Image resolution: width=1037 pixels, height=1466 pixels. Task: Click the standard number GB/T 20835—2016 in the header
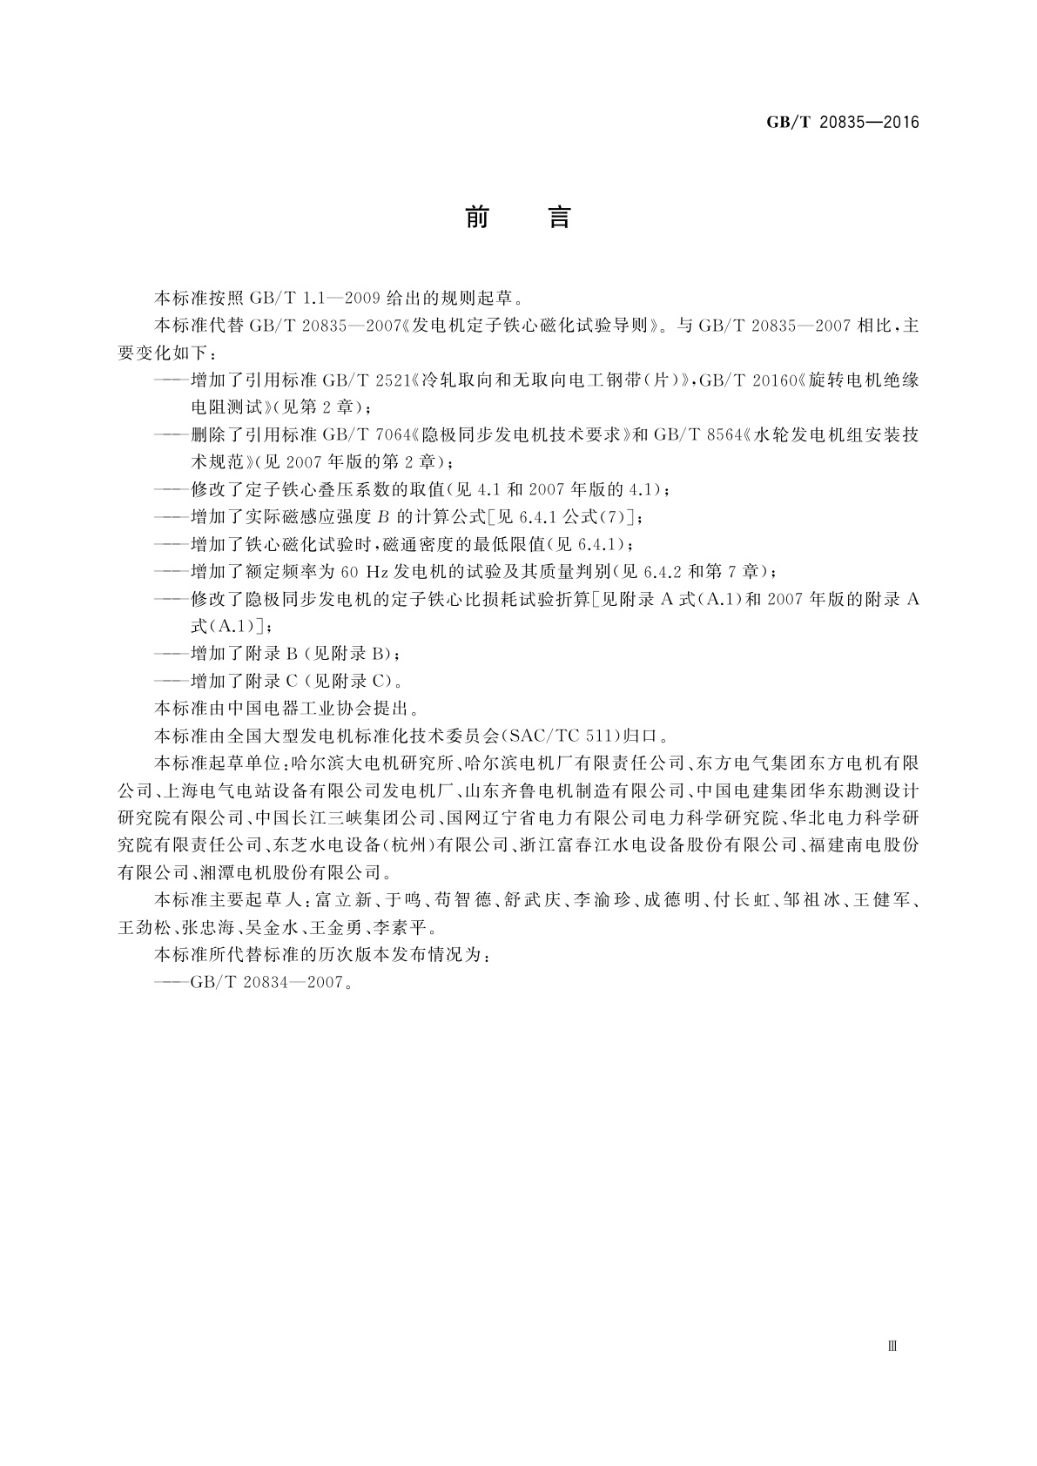842,122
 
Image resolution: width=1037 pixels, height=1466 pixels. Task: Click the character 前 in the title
476,218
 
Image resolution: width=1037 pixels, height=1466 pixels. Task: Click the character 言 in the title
558,218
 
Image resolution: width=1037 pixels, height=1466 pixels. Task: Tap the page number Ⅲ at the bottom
892,1346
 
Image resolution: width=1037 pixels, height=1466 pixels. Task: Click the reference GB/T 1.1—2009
314,298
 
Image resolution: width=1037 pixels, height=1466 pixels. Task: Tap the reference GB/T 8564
697,434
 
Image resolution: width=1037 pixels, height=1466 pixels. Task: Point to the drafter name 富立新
342,900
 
